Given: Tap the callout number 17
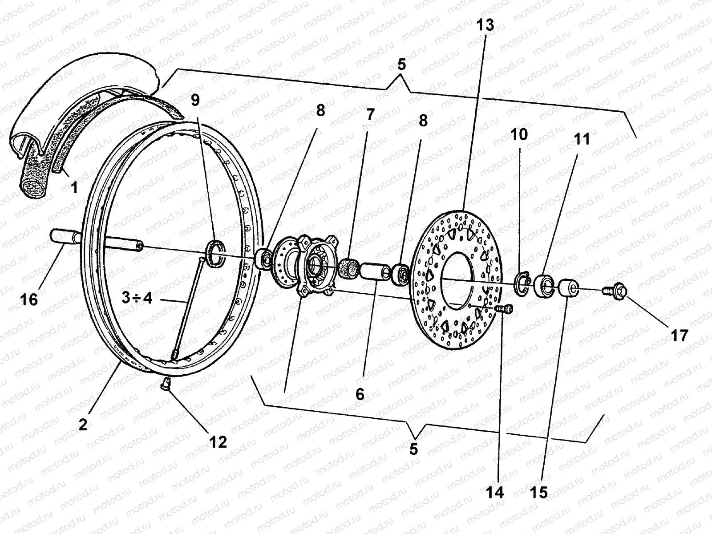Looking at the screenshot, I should (679, 335).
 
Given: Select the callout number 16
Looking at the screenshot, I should (29, 299).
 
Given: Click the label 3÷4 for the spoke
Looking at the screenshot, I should (137, 298).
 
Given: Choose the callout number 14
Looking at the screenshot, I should (495, 492).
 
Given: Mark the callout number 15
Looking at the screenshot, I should (538, 492).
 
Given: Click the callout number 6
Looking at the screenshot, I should (360, 394).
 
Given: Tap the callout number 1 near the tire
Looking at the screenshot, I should (74, 188).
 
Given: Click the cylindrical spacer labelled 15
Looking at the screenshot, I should (567, 287).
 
